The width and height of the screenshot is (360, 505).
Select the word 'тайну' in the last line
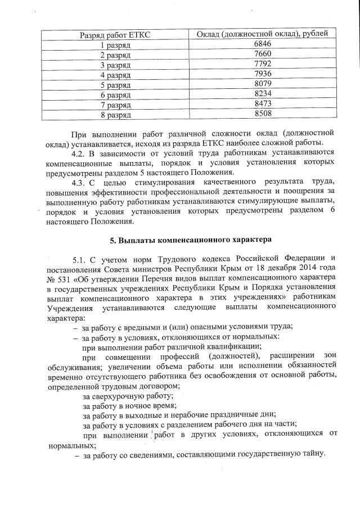[313, 454]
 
